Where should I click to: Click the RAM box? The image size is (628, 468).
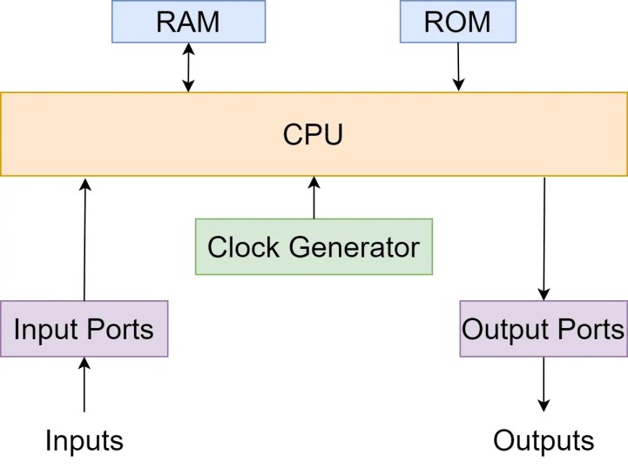tap(188, 22)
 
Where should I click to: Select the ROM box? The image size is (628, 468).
tap(458, 22)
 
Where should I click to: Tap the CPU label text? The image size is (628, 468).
tap(314, 135)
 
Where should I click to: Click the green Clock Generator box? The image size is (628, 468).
tap(314, 247)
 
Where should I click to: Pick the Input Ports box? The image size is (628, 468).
tap(84, 329)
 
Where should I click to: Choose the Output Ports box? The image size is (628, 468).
tap(544, 329)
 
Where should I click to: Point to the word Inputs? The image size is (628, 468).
tap(84, 441)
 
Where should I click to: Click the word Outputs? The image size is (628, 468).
tap(544, 441)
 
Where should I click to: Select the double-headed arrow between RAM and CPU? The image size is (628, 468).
tap(188, 67)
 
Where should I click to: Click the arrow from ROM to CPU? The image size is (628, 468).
tap(458, 65)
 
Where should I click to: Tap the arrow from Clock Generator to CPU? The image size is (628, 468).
tap(314, 197)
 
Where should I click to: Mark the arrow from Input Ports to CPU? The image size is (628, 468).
tap(84, 239)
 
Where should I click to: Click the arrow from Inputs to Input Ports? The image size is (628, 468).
tap(84, 384)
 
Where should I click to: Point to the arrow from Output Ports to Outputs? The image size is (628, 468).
tap(544, 384)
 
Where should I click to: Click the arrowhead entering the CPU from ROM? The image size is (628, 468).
tap(458, 84)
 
